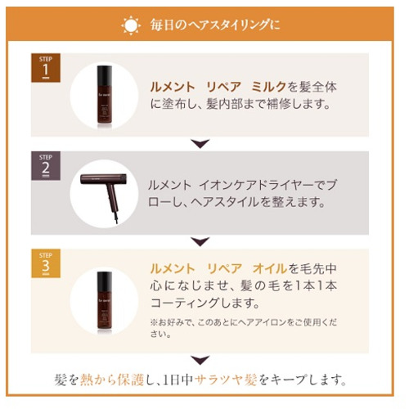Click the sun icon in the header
click(x=131, y=25)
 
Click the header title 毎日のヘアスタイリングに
click(x=215, y=25)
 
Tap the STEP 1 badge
click(x=46, y=68)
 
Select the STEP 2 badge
click(x=46, y=166)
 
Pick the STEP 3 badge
click(x=46, y=263)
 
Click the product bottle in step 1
click(x=105, y=97)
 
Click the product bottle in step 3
click(x=105, y=303)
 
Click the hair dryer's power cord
click(x=116, y=218)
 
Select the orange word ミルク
click(x=269, y=87)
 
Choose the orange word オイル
click(x=270, y=269)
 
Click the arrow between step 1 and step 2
click(x=200, y=143)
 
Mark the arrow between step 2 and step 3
click(x=200, y=241)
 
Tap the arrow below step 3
click(x=200, y=360)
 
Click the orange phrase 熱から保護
click(x=112, y=380)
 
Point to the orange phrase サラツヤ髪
click(x=226, y=380)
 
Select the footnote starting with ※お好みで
click(x=244, y=328)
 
